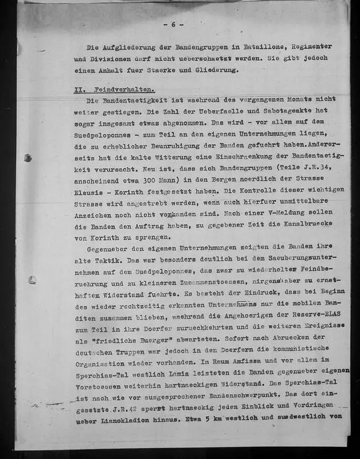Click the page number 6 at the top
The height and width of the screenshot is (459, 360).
(x=173, y=24)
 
